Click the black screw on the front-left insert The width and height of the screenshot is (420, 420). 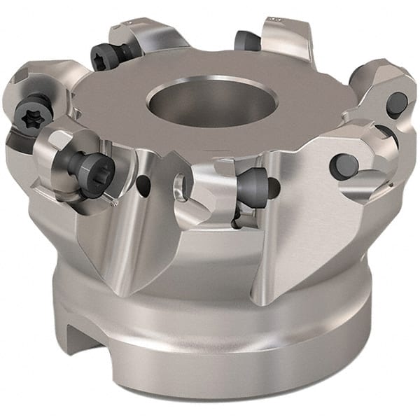pos(89,167)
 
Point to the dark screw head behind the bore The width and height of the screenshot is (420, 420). pos(246,41)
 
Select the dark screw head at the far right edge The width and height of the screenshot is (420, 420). pos(396,103)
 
